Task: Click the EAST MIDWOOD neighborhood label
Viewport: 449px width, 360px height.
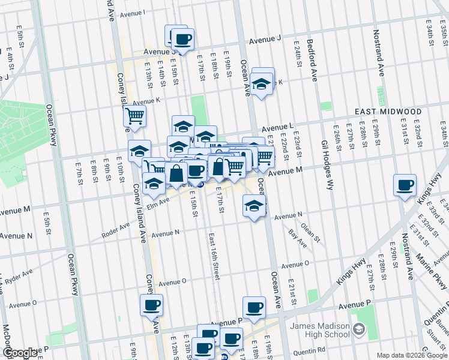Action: tap(388, 112)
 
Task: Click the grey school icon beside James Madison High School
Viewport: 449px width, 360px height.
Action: tap(358, 328)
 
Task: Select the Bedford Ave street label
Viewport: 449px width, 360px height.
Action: tap(311, 60)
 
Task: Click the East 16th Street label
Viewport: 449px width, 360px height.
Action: tap(214, 255)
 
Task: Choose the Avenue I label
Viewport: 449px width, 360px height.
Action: tap(133, 13)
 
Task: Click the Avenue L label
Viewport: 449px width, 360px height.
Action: tap(276, 127)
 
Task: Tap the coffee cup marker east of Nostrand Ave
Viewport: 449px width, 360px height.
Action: tap(405, 184)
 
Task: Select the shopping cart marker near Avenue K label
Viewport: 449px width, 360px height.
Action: tap(135, 116)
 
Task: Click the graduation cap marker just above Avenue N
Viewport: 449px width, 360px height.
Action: tap(255, 206)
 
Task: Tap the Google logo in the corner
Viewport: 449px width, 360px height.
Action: tap(20, 353)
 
